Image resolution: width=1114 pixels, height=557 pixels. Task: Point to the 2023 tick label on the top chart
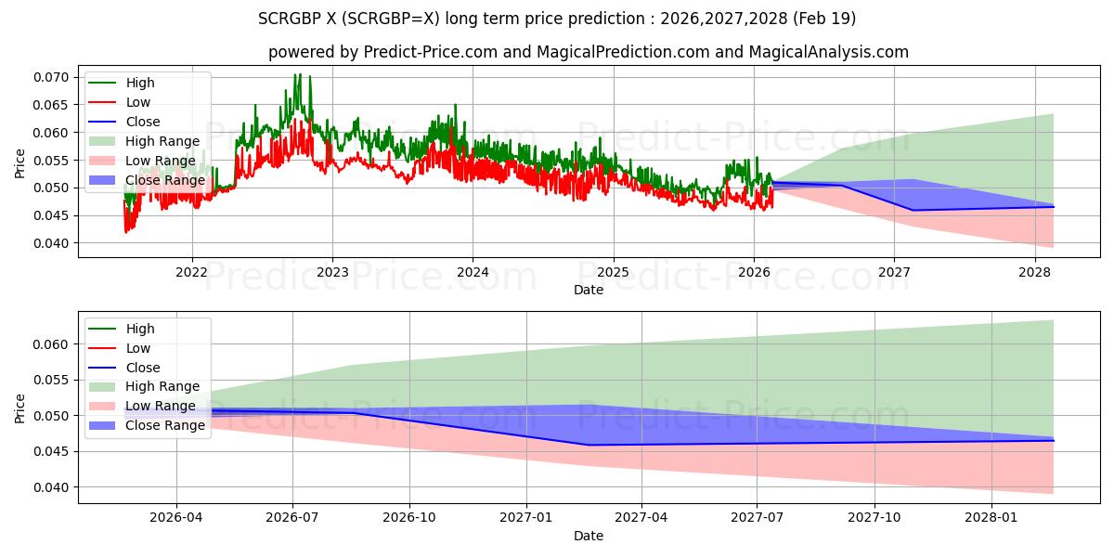(332, 273)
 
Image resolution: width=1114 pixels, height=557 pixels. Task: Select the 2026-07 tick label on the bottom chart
(292, 517)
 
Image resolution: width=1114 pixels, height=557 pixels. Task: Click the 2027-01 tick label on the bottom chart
(526, 517)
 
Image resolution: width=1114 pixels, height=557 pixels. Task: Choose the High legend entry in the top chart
(140, 84)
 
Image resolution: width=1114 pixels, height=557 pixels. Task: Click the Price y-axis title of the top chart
(20, 164)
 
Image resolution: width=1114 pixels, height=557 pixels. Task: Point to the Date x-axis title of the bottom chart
(589, 536)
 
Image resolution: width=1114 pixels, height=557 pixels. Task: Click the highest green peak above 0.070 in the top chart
(297, 74)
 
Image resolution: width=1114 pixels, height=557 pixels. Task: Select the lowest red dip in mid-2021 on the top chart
(126, 231)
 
